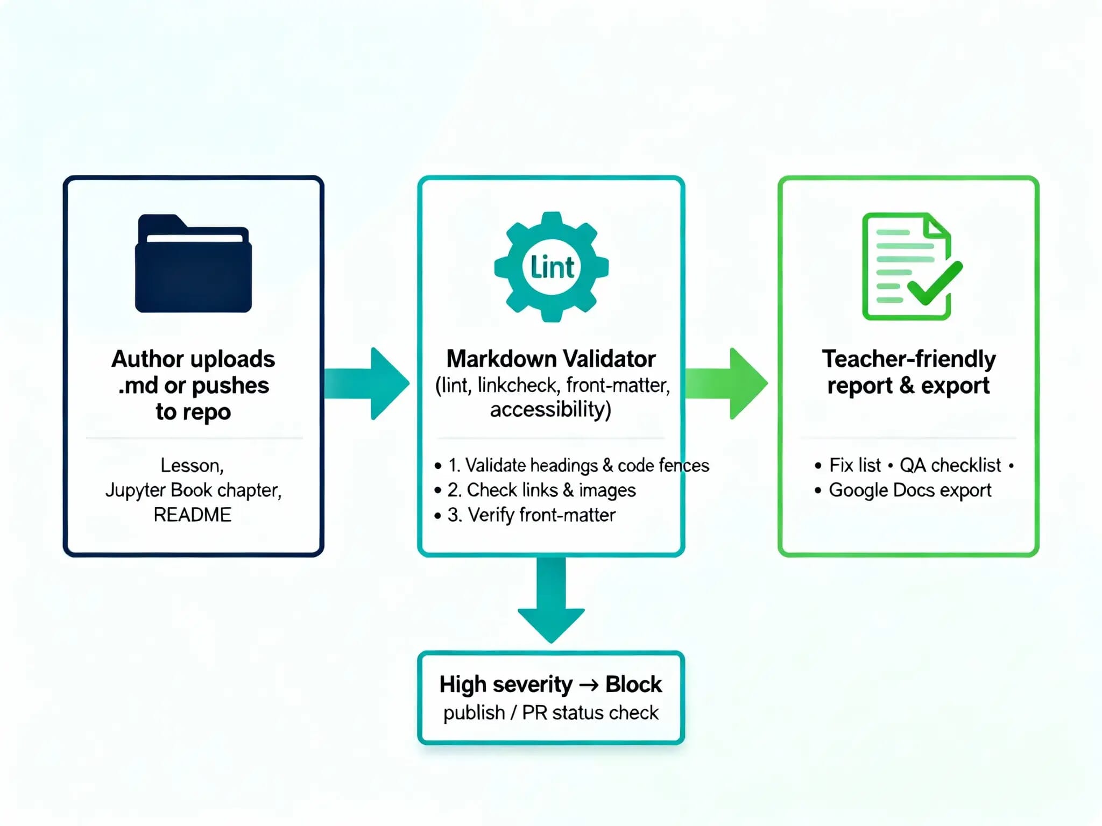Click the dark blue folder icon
click(x=193, y=265)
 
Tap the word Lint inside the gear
click(x=552, y=267)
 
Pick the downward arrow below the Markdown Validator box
click(x=552, y=600)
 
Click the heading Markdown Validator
click(x=551, y=359)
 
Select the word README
click(x=193, y=515)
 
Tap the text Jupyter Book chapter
click(x=193, y=490)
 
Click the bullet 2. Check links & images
click(x=541, y=490)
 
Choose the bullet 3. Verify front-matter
click(x=532, y=515)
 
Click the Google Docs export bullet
click(x=910, y=490)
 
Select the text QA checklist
click(x=950, y=465)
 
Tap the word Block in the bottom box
click(x=633, y=685)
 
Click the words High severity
click(x=506, y=685)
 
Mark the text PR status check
click(x=590, y=713)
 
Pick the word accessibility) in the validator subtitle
click(x=550, y=409)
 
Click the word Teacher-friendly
click(x=909, y=359)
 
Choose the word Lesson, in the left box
click(x=192, y=465)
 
